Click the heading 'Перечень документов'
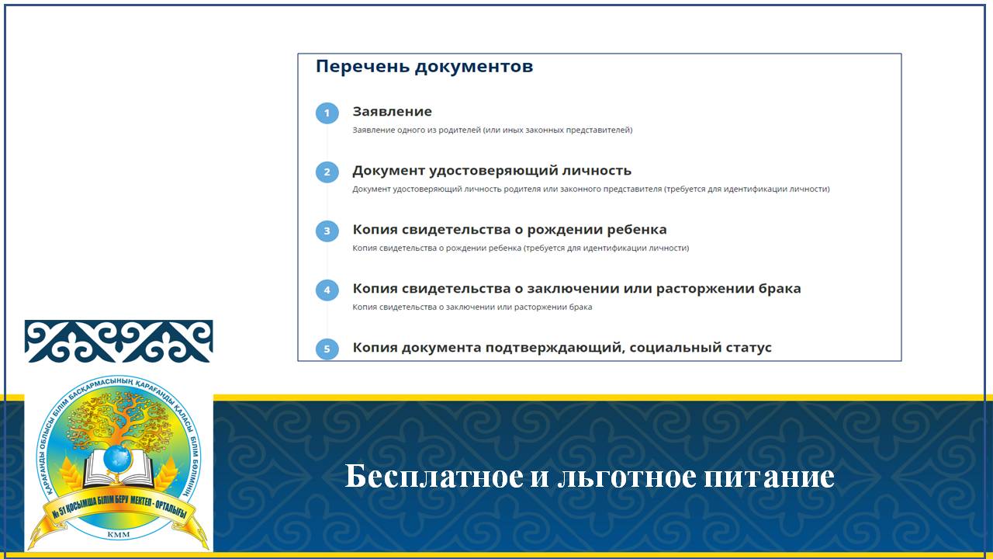[424, 67]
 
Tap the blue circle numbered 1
[327, 113]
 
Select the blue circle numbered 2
[327, 172]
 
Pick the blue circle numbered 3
[327, 231]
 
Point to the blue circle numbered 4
[327, 290]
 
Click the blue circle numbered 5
[327, 349]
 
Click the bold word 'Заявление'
[392, 111]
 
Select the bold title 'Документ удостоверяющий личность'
[492, 171]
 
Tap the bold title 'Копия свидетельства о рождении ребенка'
[510, 230]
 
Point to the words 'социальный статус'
[701, 347]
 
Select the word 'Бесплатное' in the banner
[434, 476]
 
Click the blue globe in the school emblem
[118, 458]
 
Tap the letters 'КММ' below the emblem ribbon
[119, 535]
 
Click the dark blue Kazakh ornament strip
[119, 341]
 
